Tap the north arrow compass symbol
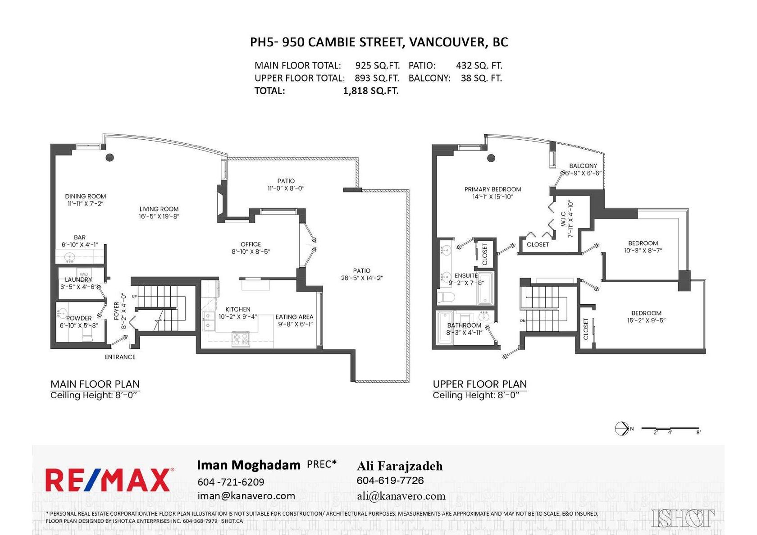click(x=622, y=429)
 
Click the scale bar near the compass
click(x=670, y=428)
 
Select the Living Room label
click(x=159, y=209)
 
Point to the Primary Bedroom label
click(x=493, y=189)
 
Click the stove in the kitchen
click(x=241, y=339)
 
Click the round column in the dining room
click(x=109, y=157)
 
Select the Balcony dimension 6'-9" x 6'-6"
click(x=582, y=173)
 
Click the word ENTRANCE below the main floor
click(x=120, y=357)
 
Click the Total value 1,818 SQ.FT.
click(x=370, y=91)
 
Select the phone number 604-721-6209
click(x=231, y=482)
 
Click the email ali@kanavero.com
click(x=401, y=496)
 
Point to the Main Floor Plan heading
click(x=95, y=384)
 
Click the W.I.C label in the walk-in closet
click(x=563, y=219)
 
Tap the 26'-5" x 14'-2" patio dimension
click(x=361, y=278)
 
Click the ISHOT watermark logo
click(x=682, y=518)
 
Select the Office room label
click(x=251, y=244)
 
